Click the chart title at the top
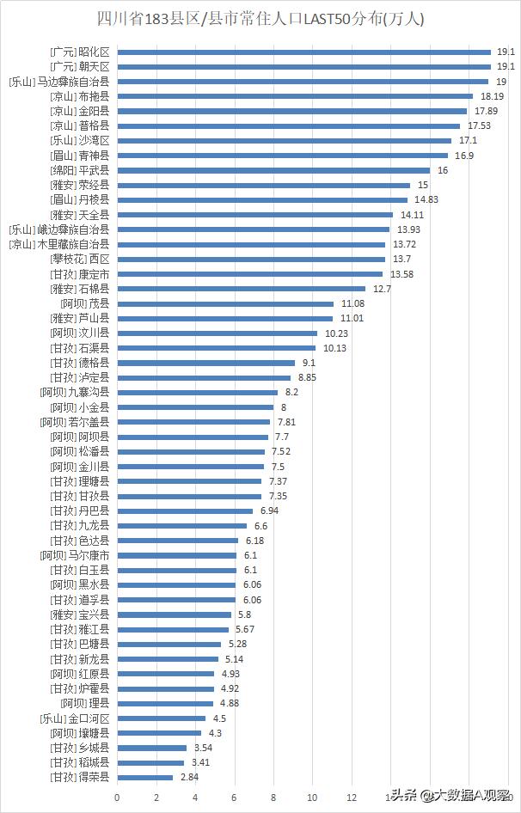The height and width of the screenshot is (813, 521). click(x=260, y=17)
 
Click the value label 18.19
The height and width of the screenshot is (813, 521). click(x=492, y=96)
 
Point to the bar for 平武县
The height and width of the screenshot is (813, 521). click(x=273, y=170)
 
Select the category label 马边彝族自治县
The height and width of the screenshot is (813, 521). click(x=58, y=82)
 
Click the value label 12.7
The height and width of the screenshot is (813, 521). click(x=383, y=289)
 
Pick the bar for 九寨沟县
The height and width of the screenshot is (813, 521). click(x=197, y=392)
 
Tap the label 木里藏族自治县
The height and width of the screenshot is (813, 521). click(x=58, y=245)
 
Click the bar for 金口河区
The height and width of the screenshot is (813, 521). click(x=161, y=718)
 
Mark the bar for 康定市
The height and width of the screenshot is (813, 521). click(x=249, y=274)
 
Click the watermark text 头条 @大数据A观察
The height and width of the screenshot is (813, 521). click(x=450, y=796)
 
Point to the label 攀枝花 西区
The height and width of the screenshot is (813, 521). click(x=80, y=259)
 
